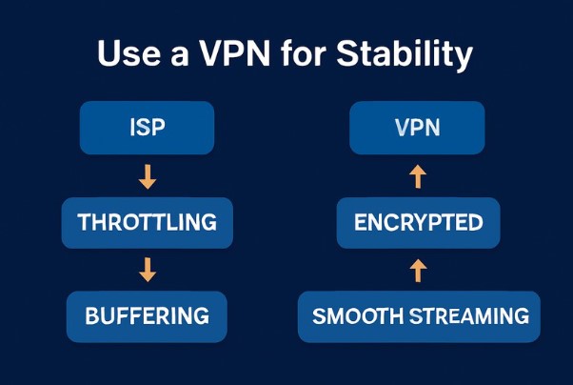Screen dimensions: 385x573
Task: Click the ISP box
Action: pos(147,128)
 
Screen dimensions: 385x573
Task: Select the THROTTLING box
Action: pos(147,223)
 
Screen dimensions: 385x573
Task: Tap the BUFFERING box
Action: pos(147,315)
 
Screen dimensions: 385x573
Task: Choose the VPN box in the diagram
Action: pos(418,128)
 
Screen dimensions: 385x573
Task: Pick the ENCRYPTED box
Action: pos(418,223)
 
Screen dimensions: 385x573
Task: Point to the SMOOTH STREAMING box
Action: pos(420,315)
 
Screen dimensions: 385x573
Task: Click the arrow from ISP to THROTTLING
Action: pos(147,176)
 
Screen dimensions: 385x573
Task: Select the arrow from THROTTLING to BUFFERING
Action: pos(147,270)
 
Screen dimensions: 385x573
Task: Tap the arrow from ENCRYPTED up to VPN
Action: pos(418,176)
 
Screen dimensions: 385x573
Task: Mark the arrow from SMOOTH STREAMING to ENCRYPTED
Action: pos(418,270)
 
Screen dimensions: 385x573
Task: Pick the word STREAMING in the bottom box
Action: pos(464,315)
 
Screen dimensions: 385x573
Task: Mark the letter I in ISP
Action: pos(131,128)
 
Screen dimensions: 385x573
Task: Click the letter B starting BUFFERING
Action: pos(92,315)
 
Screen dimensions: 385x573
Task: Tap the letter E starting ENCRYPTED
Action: pos(360,223)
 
